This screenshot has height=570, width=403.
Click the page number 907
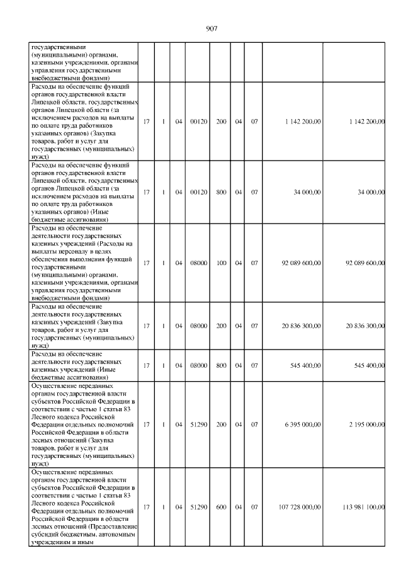click(x=212, y=28)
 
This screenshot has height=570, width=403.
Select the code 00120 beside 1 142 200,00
click(x=198, y=120)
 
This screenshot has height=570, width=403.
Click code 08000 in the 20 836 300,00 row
click(x=198, y=326)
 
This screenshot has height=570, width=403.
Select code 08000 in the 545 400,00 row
click(x=198, y=365)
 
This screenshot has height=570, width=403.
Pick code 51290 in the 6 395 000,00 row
click(x=198, y=424)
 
